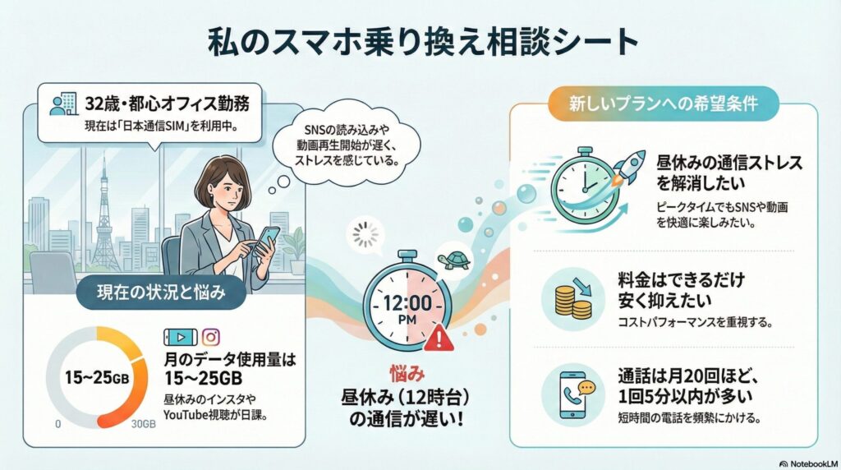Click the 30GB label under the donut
point(144,425)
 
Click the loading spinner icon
point(365,235)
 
